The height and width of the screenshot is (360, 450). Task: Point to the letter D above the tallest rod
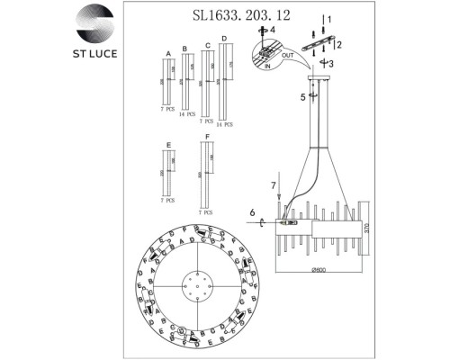[224, 39]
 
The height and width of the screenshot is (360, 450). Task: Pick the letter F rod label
[208, 135]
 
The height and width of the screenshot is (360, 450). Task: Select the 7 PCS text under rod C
[207, 118]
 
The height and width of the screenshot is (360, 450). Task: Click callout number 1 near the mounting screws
[329, 19]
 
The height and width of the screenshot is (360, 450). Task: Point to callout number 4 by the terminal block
[274, 31]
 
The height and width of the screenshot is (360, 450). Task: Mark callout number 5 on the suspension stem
[303, 98]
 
